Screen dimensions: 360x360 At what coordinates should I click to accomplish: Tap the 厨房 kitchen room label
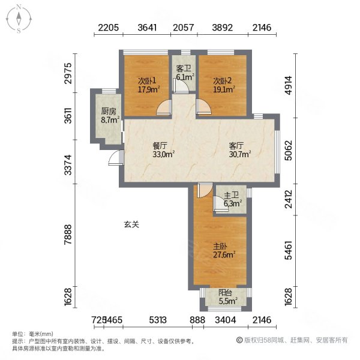coord(108,111)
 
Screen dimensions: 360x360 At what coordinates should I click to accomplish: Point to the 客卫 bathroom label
coord(184,68)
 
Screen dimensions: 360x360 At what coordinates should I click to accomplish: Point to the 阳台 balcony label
coord(226,293)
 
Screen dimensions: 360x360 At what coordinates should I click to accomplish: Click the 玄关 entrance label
coord(131,224)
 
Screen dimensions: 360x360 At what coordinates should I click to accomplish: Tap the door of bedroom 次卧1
coord(163,107)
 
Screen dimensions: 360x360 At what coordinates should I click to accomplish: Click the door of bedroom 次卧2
coord(202,107)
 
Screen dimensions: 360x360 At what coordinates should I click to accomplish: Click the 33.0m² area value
coord(162,154)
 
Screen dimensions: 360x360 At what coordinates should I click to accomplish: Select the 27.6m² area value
coord(223,254)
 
